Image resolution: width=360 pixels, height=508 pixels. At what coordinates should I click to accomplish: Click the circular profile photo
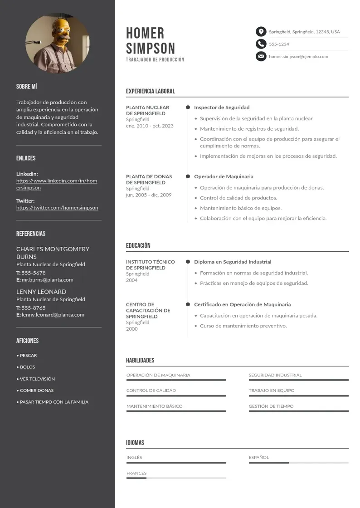(x=58, y=44)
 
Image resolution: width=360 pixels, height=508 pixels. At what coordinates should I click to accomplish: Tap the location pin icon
(x=261, y=32)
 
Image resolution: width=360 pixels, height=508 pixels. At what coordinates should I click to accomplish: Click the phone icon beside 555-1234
(x=261, y=44)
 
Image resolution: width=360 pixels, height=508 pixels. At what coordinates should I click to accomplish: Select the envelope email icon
(x=261, y=57)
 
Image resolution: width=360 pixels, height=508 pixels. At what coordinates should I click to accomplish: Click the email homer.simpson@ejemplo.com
(x=298, y=57)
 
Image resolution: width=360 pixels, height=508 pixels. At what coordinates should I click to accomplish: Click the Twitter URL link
(x=57, y=208)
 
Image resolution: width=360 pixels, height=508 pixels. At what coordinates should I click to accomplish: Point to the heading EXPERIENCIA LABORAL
(x=150, y=91)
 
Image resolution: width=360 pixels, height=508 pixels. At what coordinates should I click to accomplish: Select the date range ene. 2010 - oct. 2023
(x=150, y=126)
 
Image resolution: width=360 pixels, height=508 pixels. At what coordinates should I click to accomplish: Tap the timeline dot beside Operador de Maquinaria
(x=188, y=176)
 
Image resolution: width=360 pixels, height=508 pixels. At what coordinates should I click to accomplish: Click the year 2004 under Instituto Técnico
(x=132, y=280)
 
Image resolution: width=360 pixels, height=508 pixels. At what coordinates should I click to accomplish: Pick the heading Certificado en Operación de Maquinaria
(x=242, y=304)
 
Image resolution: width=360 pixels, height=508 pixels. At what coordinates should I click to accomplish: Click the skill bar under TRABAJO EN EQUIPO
(x=298, y=396)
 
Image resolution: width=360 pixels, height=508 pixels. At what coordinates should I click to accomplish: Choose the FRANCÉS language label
(x=136, y=473)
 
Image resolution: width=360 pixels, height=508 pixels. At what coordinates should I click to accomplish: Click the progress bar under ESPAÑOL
(x=298, y=463)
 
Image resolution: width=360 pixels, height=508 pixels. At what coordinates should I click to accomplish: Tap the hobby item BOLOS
(x=27, y=367)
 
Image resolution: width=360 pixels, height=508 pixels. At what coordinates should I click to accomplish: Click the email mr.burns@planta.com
(x=47, y=280)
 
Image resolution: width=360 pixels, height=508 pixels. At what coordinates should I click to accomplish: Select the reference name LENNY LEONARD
(x=41, y=292)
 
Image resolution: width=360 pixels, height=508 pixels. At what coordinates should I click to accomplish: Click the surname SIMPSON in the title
(x=150, y=49)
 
